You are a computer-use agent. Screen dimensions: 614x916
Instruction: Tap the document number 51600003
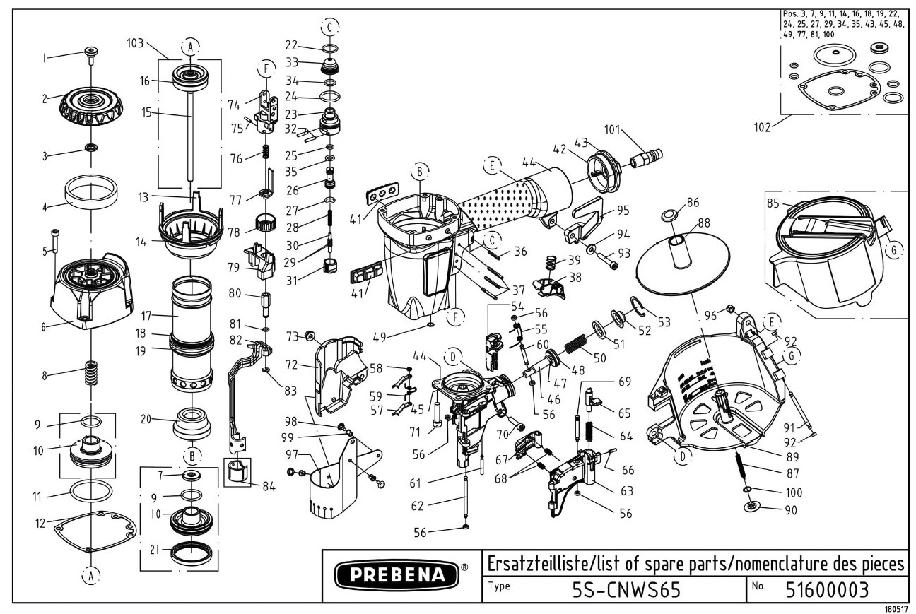tap(827, 589)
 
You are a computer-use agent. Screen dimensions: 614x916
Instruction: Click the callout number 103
tap(136, 43)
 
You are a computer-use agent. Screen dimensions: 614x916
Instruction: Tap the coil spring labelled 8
tap(90, 372)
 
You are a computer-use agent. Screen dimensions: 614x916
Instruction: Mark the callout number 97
tap(292, 453)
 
